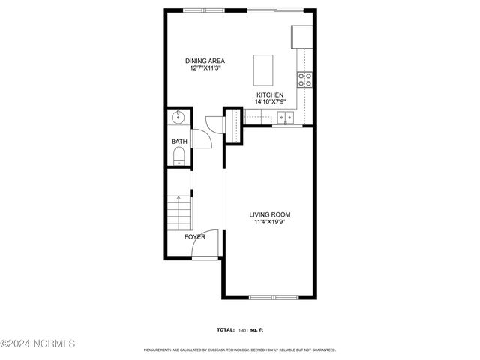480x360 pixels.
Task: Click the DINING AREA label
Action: coord(205,61)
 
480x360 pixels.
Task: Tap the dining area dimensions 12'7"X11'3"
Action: coord(205,68)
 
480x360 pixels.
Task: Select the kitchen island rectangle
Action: coord(264,69)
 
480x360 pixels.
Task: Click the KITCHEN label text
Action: coord(269,94)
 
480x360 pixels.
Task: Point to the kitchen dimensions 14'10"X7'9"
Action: coord(269,101)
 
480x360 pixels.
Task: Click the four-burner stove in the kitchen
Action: coord(305,79)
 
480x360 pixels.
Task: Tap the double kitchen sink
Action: coord(285,116)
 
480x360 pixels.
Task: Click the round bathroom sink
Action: coord(178,117)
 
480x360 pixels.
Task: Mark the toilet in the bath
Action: coord(178,156)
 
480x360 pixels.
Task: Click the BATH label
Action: coord(179,141)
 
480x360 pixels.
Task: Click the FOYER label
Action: coord(195,237)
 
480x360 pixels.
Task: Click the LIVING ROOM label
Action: coord(270,214)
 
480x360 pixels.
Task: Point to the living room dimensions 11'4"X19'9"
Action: coord(270,222)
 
